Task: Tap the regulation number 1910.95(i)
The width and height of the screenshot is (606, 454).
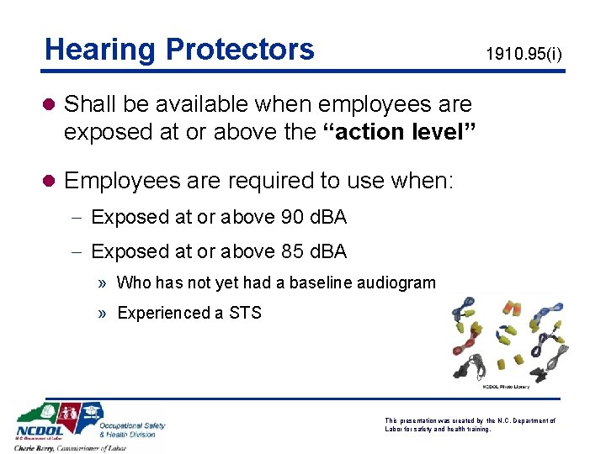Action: coord(524,55)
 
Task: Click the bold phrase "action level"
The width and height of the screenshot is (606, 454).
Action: coord(401,133)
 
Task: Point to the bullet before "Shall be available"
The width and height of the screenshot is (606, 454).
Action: coord(51,104)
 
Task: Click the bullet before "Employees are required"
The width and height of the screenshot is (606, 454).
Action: coord(51,181)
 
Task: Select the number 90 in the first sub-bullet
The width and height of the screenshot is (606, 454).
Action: coord(293,217)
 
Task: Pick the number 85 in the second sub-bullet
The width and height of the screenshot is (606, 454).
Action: coord(293,251)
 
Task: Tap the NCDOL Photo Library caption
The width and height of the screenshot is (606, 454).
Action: coord(506,386)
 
